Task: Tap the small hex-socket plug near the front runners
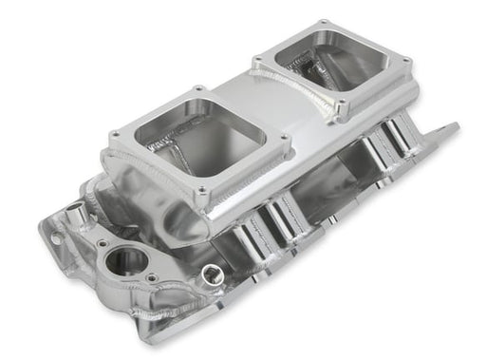[207, 275]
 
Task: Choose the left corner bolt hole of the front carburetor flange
[116, 136]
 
